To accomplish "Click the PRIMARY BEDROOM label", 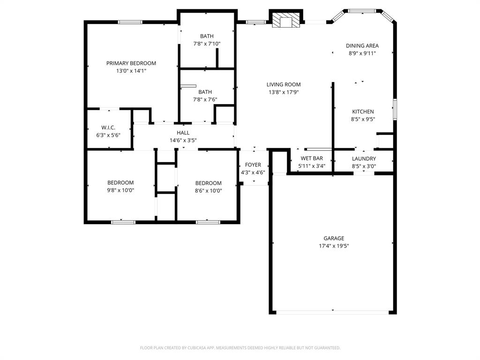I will [x=131, y=63].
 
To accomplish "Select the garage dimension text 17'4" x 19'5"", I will [x=333, y=246].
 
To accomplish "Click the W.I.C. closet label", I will [x=108, y=127].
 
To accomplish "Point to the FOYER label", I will [x=253, y=165].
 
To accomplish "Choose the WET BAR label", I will [x=312, y=158].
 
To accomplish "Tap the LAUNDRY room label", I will [x=364, y=159].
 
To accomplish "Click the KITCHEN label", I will [x=363, y=112].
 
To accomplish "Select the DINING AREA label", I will [x=362, y=46].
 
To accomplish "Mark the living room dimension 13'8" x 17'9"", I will [x=284, y=92].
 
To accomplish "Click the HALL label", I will [x=183, y=133].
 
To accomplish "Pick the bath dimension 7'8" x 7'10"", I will [x=207, y=44].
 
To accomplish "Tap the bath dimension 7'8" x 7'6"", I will [x=205, y=99].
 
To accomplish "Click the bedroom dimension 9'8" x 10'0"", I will [x=120, y=190].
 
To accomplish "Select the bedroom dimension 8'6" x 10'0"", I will [x=209, y=190].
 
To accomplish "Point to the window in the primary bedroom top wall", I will [x=130, y=22].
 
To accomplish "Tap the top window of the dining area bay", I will [x=362, y=10].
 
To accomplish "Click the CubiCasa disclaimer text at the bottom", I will [x=240, y=348].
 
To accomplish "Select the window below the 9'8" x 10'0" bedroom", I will [x=123, y=222].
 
